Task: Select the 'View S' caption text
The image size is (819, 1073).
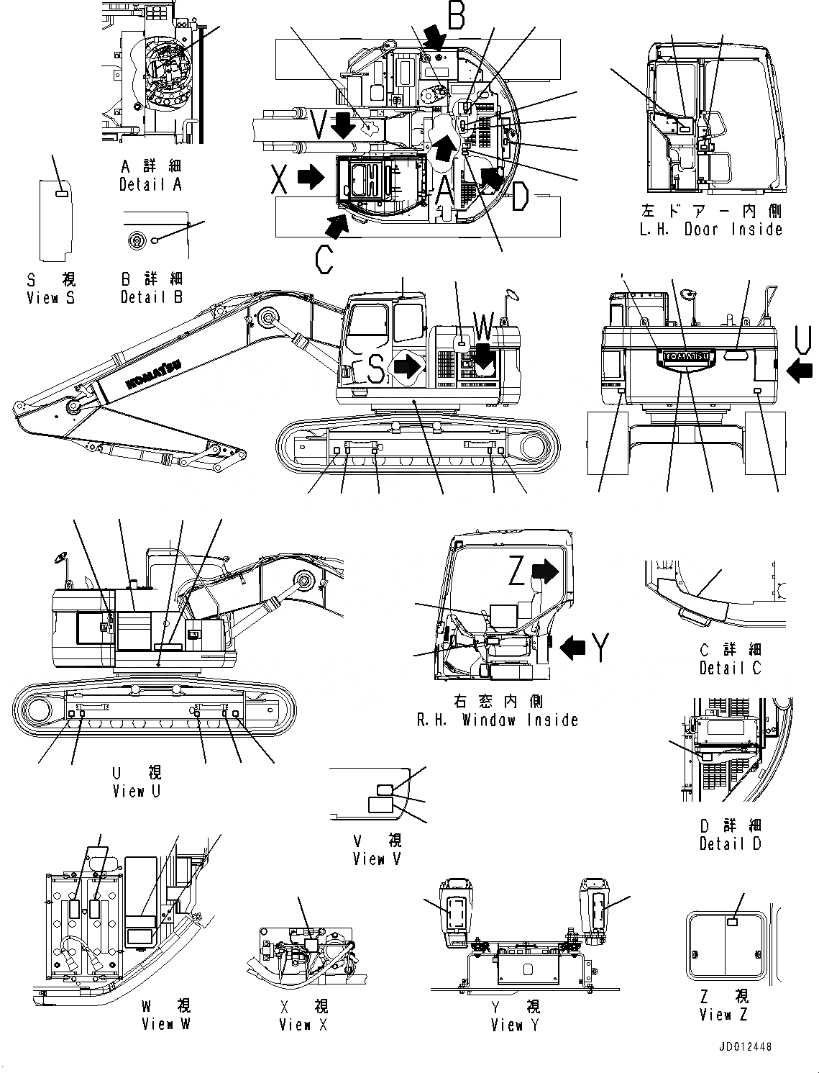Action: [50, 298]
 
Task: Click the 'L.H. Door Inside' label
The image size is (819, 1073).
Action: [710, 230]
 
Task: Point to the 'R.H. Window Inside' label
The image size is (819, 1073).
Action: [497, 720]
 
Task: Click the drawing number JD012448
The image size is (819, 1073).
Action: [743, 1047]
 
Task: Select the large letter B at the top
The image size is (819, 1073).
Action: [456, 16]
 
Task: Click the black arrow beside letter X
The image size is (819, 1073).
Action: [311, 177]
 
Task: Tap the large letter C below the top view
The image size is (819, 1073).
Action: [324, 260]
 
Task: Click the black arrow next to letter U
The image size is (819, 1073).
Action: [799, 371]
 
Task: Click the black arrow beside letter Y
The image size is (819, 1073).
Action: [572, 648]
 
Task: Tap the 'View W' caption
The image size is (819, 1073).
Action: [166, 1023]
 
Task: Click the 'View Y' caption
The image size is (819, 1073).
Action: [515, 1025]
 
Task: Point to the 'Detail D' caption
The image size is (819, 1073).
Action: [730, 843]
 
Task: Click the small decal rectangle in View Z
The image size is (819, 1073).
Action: [733, 922]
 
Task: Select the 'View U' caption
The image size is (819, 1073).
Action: [137, 791]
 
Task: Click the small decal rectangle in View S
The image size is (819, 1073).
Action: [63, 192]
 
